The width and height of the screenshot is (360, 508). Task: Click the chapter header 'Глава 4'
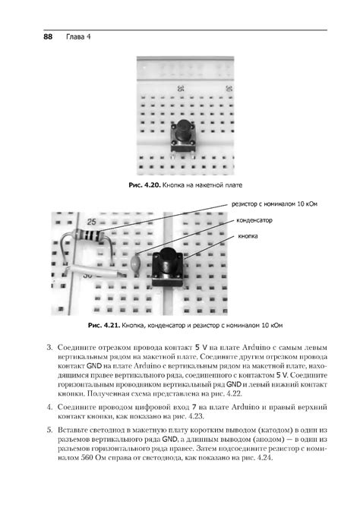(x=78, y=35)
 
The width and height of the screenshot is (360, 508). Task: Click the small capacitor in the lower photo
(x=135, y=265)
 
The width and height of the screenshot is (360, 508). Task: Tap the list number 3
(x=49, y=348)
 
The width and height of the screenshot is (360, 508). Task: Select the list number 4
(x=49, y=408)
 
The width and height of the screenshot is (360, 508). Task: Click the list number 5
(x=49, y=430)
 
